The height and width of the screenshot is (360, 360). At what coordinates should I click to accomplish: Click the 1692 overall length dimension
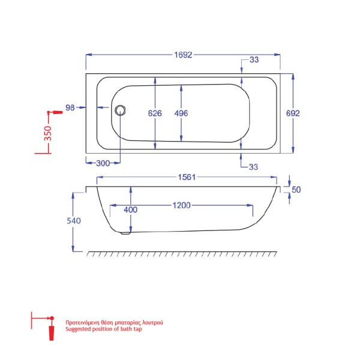tap(183, 55)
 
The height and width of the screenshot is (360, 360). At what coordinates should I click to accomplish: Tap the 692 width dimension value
tap(293, 113)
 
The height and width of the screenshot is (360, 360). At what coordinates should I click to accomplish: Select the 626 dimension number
tap(155, 113)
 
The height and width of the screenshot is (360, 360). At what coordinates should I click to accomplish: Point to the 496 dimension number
tap(181, 113)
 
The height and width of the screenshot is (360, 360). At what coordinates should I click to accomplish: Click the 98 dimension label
tap(70, 107)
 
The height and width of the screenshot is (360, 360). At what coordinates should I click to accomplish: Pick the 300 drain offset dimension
tap(103, 163)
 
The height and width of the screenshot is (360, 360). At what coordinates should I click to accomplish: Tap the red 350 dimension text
tap(48, 133)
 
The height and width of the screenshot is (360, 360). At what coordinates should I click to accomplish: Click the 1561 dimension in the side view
tap(187, 177)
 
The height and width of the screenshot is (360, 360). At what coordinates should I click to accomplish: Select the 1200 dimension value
tap(181, 205)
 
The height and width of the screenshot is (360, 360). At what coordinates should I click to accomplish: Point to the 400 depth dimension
tap(131, 209)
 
